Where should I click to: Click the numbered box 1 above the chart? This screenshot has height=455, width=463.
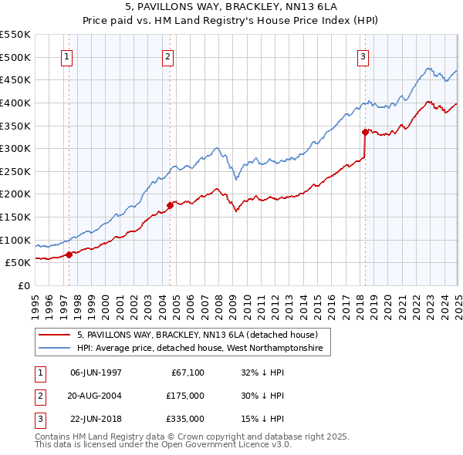point(67,56)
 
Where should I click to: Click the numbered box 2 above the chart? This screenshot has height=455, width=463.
point(168,56)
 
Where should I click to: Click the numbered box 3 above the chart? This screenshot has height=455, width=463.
point(363,56)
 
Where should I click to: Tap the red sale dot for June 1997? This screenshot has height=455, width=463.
point(69,254)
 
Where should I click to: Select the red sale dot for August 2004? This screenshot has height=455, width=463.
point(170,205)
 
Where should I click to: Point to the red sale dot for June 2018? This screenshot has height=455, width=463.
point(365,132)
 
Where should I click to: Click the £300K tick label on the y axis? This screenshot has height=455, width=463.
point(15,148)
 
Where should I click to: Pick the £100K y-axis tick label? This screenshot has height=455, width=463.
point(15,240)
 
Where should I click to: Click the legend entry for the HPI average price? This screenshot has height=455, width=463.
point(204,349)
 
